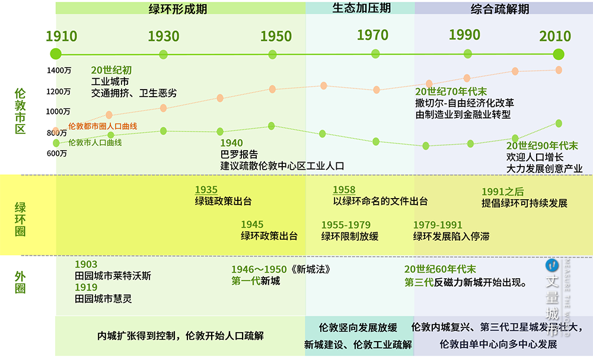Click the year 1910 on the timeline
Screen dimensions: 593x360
point(62,36)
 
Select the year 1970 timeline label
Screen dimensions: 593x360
point(372,35)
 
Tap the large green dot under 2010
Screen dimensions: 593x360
point(559,54)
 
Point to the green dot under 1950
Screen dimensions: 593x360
point(273,55)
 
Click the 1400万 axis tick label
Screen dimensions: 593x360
point(59,71)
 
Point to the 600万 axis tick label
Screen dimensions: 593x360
point(58,154)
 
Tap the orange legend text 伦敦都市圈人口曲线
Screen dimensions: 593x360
point(103,126)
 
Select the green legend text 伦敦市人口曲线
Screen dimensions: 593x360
point(95,142)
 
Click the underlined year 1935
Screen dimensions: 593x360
point(206,190)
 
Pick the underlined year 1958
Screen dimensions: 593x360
point(344,190)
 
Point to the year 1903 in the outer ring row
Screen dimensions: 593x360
point(86,264)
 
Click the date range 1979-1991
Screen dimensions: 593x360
point(438,225)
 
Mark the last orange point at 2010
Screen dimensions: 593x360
point(559,70)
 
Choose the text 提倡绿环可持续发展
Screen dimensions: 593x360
point(524,203)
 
